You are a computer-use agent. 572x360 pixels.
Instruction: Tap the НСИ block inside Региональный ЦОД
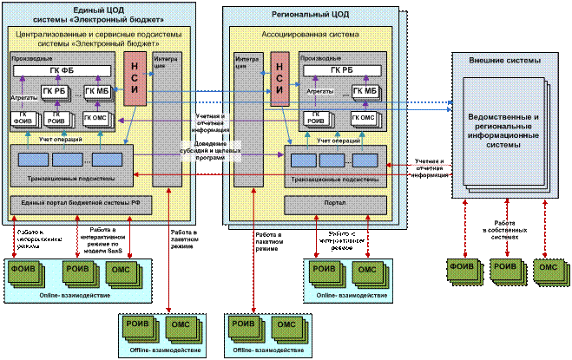(279, 80)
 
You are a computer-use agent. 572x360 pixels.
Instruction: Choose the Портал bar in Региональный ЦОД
(335, 205)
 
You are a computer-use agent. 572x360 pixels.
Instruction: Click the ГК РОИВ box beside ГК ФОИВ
(56, 120)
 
